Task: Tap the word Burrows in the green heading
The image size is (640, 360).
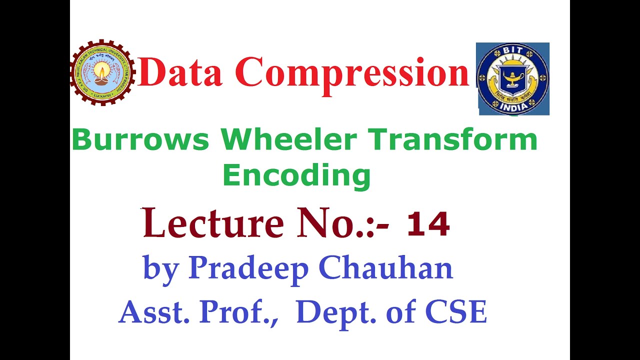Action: pos(140,140)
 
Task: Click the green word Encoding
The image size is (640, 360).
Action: pos(296,176)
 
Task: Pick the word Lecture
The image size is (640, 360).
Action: pos(213,223)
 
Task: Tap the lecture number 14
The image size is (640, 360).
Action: pos(428,224)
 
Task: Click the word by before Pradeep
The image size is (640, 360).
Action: pos(161,269)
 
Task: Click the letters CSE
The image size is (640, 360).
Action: pos(455,312)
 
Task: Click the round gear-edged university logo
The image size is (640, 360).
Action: pos(102,72)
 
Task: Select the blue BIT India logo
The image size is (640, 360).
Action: pos(512,78)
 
